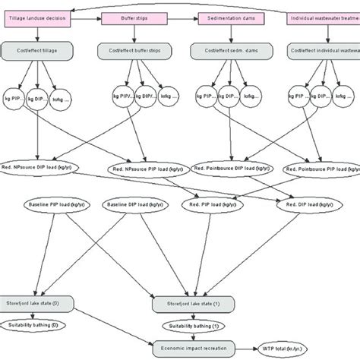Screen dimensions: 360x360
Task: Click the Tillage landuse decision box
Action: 36,17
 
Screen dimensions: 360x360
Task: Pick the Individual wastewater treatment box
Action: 322,17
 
